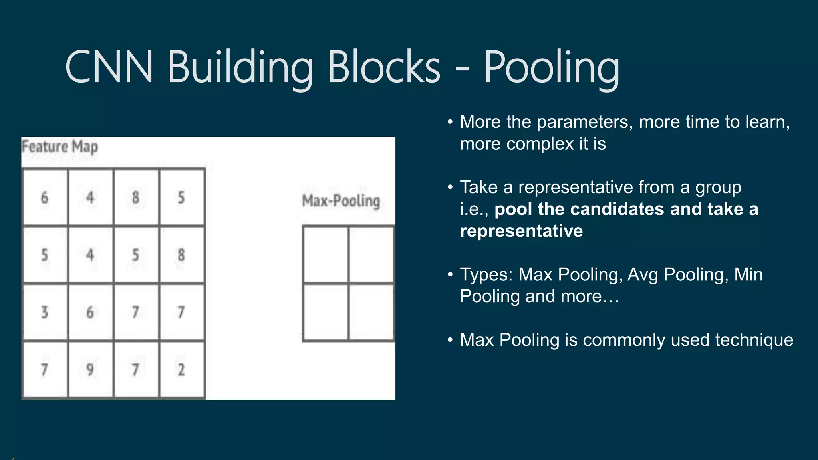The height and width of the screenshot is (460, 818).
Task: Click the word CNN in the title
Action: pyautogui.click(x=109, y=67)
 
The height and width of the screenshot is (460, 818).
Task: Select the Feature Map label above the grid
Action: pyautogui.click(x=60, y=147)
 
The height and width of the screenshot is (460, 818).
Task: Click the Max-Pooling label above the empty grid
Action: pyautogui.click(x=341, y=200)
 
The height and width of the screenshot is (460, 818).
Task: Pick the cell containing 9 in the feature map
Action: pyautogui.click(x=90, y=369)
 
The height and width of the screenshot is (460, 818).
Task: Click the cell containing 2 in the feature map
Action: pyautogui.click(x=181, y=369)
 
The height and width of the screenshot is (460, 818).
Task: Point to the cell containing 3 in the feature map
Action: pyautogui.click(x=45, y=312)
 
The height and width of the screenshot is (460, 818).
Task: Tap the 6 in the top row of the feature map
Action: pyautogui.click(x=45, y=197)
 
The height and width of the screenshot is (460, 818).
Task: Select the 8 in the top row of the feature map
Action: pyautogui.click(x=136, y=197)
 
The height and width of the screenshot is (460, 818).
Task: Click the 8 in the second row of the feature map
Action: pyautogui.click(x=181, y=255)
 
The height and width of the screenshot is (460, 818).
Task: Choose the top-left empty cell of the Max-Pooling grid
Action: pyautogui.click(x=326, y=254)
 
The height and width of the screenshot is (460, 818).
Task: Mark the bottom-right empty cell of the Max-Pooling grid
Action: pyautogui.click(x=371, y=312)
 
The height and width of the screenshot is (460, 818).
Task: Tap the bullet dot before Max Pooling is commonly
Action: pyautogui.click(x=450, y=340)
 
